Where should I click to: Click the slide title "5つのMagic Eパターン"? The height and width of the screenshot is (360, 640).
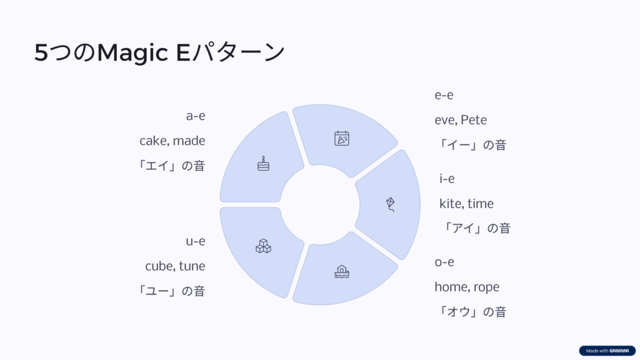point(159,52)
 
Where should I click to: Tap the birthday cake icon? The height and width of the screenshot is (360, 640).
point(263,164)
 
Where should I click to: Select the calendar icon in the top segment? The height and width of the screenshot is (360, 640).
point(342,138)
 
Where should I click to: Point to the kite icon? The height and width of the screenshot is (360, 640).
point(391,204)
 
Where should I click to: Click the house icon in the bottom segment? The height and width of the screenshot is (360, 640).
point(342,271)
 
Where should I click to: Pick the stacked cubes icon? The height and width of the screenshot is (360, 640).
point(263,246)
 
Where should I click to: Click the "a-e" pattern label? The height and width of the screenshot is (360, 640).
point(196,116)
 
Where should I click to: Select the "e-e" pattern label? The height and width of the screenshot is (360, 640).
point(444,95)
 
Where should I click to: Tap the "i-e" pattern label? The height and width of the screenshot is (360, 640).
point(447,179)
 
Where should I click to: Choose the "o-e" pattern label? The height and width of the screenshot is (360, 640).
point(444,262)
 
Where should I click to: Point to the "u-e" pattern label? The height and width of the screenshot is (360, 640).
point(196,241)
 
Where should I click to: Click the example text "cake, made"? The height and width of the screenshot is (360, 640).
point(172,141)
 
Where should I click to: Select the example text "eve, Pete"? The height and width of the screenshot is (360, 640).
point(461,120)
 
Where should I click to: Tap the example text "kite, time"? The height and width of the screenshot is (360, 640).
point(466,204)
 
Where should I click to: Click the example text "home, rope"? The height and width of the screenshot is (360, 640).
point(467,287)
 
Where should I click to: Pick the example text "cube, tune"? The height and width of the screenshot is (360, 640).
point(175,266)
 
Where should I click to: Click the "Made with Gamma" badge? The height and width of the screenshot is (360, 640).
point(607,351)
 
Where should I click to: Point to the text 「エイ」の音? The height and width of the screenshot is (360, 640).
point(171,166)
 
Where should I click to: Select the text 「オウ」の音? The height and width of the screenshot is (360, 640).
point(471,312)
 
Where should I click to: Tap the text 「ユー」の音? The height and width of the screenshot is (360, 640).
point(171,291)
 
